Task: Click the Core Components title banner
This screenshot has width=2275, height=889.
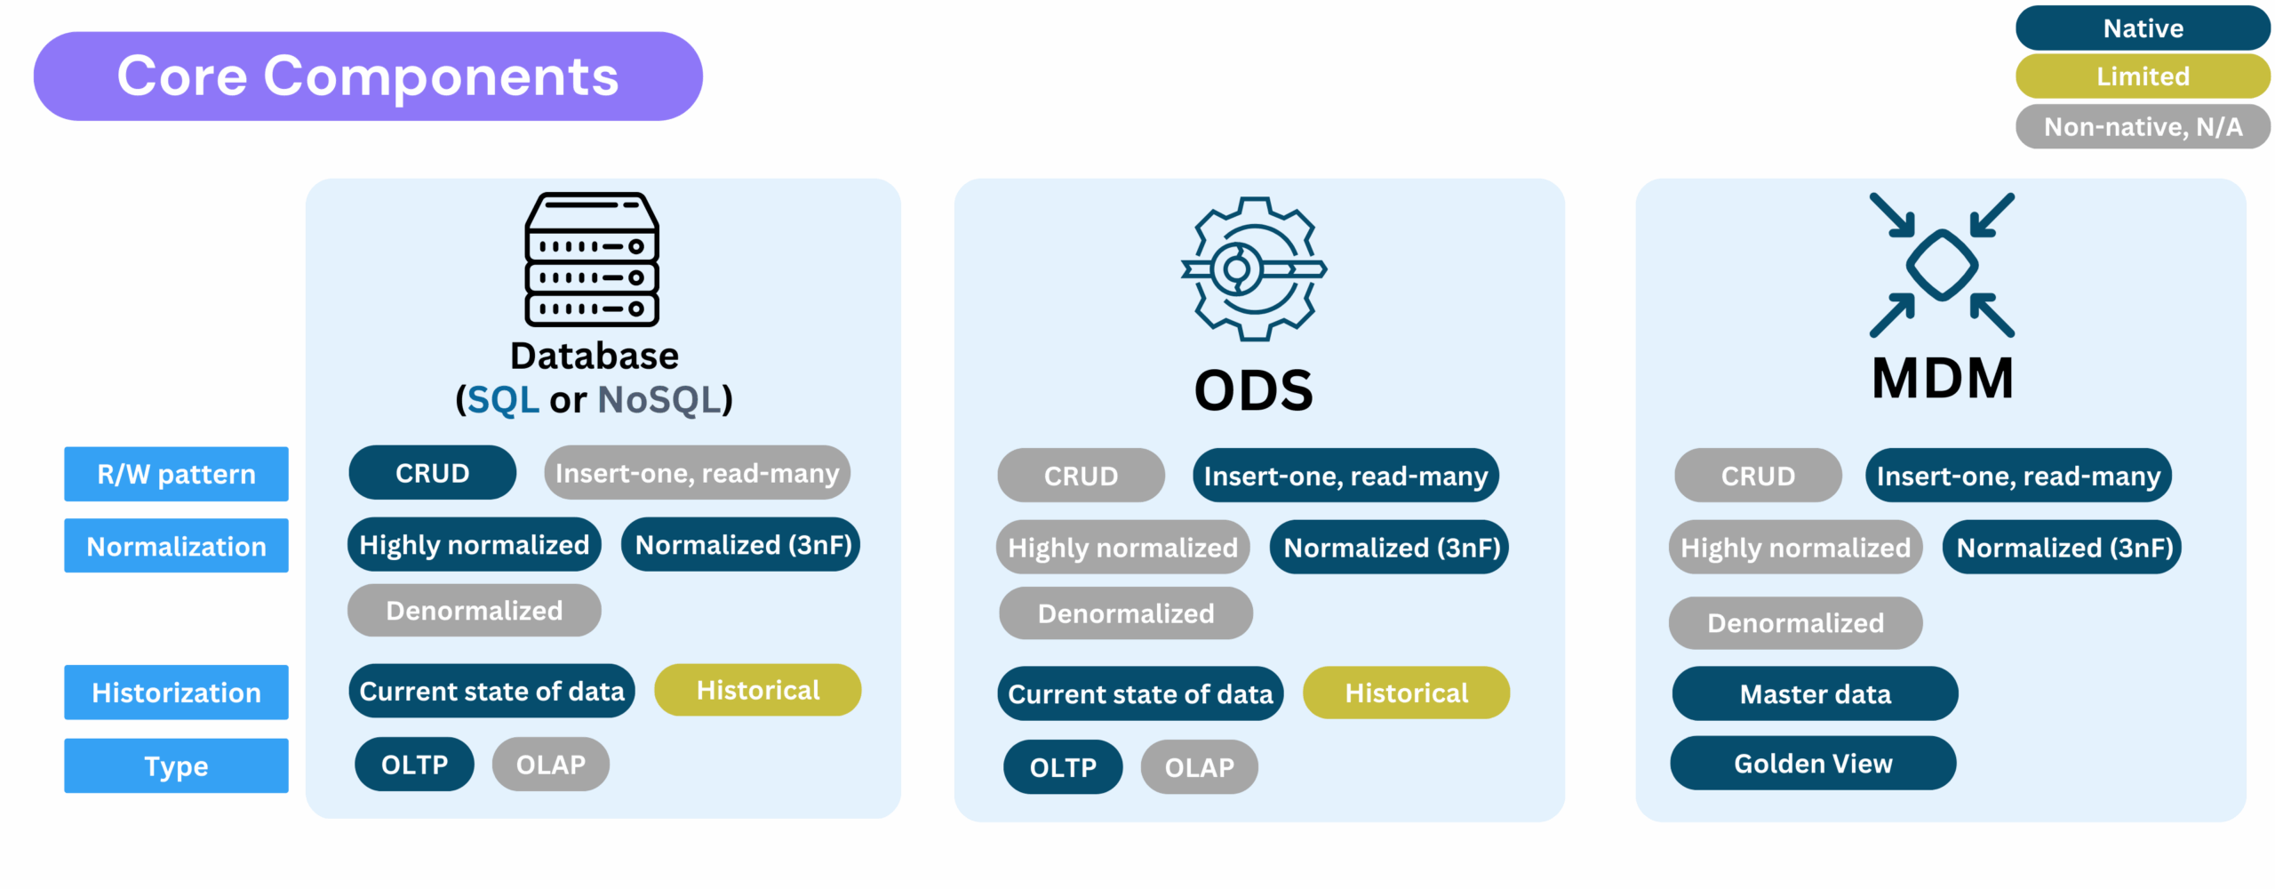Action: pos(368,76)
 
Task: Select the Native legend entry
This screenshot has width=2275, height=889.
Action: pos(2143,28)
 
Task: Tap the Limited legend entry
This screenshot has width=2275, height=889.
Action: pos(2143,76)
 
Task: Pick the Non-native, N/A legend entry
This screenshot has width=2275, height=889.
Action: pos(2143,127)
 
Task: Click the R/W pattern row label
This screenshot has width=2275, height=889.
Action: pos(176,474)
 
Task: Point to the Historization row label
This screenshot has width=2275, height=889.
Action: pos(176,693)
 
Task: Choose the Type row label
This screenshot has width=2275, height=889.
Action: pos(176,765)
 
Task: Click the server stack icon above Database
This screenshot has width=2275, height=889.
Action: pos(592,260)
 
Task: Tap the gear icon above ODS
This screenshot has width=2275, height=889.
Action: pos(1254,268)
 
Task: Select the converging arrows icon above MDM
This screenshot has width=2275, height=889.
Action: pos(1943,265)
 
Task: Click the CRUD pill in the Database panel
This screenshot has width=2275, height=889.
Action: pos(432,473)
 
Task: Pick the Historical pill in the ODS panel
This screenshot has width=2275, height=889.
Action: pos(1406,693)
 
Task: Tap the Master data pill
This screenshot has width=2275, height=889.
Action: pos(1815,693)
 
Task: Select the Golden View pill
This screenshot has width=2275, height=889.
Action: pos(1813,763)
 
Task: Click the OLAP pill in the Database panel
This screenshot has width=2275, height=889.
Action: pos(551,765)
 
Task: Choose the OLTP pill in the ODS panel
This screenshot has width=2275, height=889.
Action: pos(1063,767)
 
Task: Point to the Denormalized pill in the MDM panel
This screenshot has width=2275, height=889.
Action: pos(1795,623)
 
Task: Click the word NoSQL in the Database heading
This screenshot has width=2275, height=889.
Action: pos(659,400)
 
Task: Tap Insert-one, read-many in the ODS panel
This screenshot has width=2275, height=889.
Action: pos(1345,476)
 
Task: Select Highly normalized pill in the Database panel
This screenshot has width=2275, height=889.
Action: pos(474,544)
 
